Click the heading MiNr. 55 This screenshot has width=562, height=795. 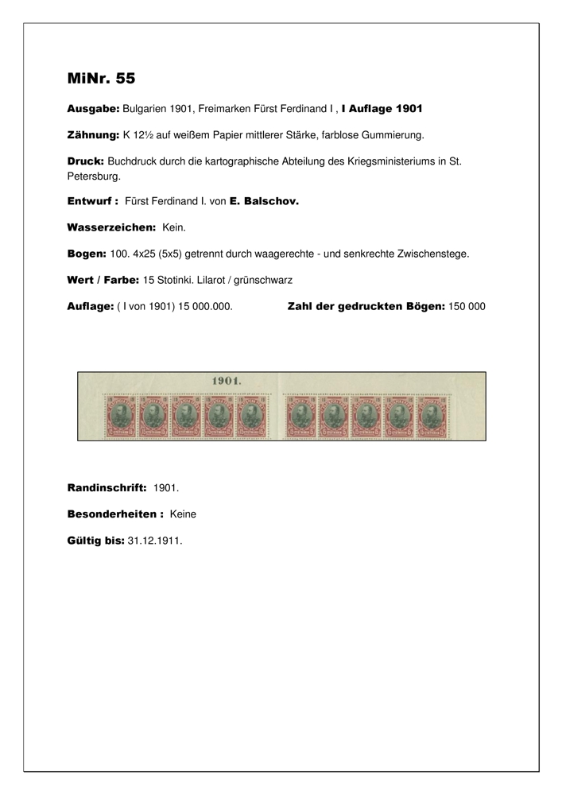101,78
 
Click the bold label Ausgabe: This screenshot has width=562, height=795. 93,107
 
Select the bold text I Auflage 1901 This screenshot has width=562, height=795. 382,107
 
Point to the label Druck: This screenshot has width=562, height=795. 86,161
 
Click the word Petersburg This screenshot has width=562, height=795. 93,176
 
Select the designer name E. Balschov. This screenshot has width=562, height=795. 264,202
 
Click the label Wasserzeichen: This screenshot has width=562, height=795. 111,227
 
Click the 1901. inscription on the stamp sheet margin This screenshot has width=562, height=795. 227,381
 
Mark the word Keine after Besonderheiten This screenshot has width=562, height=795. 183,514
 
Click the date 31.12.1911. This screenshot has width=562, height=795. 154,540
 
